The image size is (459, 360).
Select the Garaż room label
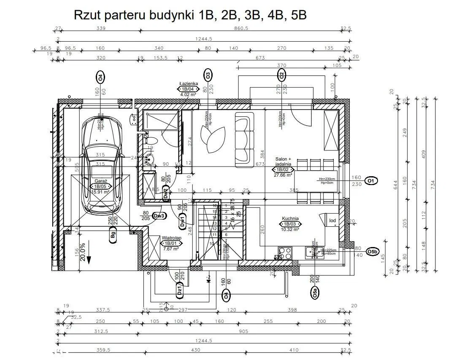point(100,181)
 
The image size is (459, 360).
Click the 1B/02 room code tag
point(283,169)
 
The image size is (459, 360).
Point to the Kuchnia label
point(291,219)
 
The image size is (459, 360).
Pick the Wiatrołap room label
point(171,238)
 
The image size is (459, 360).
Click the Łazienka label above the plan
point(189,83)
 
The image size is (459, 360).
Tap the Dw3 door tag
point(159,215)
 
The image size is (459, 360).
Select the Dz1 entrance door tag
point(179,290)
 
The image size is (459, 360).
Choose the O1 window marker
point(370,181)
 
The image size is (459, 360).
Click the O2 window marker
point(281,75)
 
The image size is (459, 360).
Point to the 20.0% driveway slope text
point(83,252)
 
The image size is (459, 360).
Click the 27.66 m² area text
point(283,175)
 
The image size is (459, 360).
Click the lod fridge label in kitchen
point(332,220)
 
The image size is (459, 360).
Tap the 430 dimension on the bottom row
point(195,350)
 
